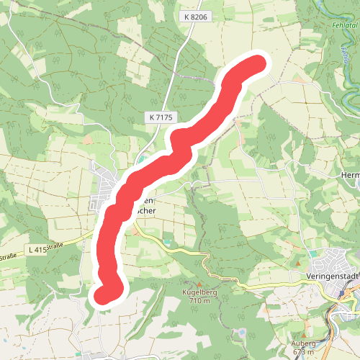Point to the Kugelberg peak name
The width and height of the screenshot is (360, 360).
click(191, 294)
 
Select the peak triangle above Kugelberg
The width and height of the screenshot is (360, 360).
click(191, 284)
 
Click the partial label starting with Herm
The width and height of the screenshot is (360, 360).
click(349, 175)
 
